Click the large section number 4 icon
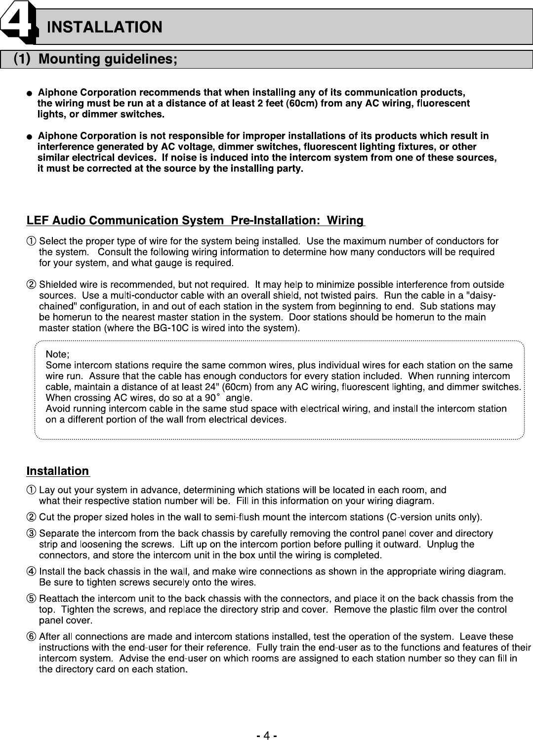tap(18, 20)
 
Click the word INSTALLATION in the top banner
tap(104, 27)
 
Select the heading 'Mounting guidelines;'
tap(108, 60)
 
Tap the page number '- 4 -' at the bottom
tap(266, 736)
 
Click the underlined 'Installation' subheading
tap(58, 471)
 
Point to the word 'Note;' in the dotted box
tap(57, 354)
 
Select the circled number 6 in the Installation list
tap(31, 637)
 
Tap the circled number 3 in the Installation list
tap(31, 534)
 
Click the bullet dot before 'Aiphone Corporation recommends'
tap(30, 93)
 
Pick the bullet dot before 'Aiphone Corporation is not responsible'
tap(30, 136)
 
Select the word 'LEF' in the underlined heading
tap(38, 220)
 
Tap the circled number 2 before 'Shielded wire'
tap(31, 285)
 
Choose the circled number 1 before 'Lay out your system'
tap(31, 490)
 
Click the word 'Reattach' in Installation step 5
tap(56, 599)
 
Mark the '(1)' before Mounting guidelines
tap(22, 59)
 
